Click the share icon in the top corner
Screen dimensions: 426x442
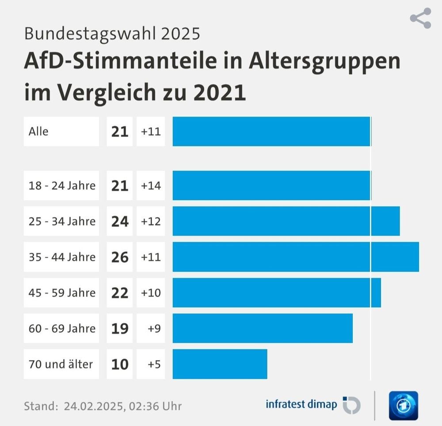(420, 18)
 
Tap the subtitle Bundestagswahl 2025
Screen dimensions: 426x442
(112, 33)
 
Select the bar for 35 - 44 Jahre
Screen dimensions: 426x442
(295, 257)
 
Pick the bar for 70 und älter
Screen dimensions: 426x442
(220, 364)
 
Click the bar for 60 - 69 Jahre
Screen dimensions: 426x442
(263, 328)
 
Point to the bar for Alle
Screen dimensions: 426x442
(271, 131)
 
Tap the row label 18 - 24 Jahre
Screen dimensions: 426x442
(62, 185)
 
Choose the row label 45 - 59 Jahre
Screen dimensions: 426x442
(62, 293)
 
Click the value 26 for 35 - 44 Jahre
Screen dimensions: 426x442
(120, 257)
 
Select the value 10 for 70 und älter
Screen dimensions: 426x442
(120, 364)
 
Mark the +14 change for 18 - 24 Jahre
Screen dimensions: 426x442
(151, 185)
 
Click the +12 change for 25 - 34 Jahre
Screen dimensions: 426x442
(151, 221)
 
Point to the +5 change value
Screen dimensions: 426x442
(153, 364)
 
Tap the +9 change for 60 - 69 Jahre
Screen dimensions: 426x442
(153, 328)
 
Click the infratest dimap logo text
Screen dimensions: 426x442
(301, 404)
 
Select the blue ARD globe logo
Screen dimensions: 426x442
(403, 405)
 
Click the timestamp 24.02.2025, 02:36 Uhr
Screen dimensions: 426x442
(122, 406)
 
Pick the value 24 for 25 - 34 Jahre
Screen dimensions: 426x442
(120, 221)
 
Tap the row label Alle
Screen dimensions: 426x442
(39, 131)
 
